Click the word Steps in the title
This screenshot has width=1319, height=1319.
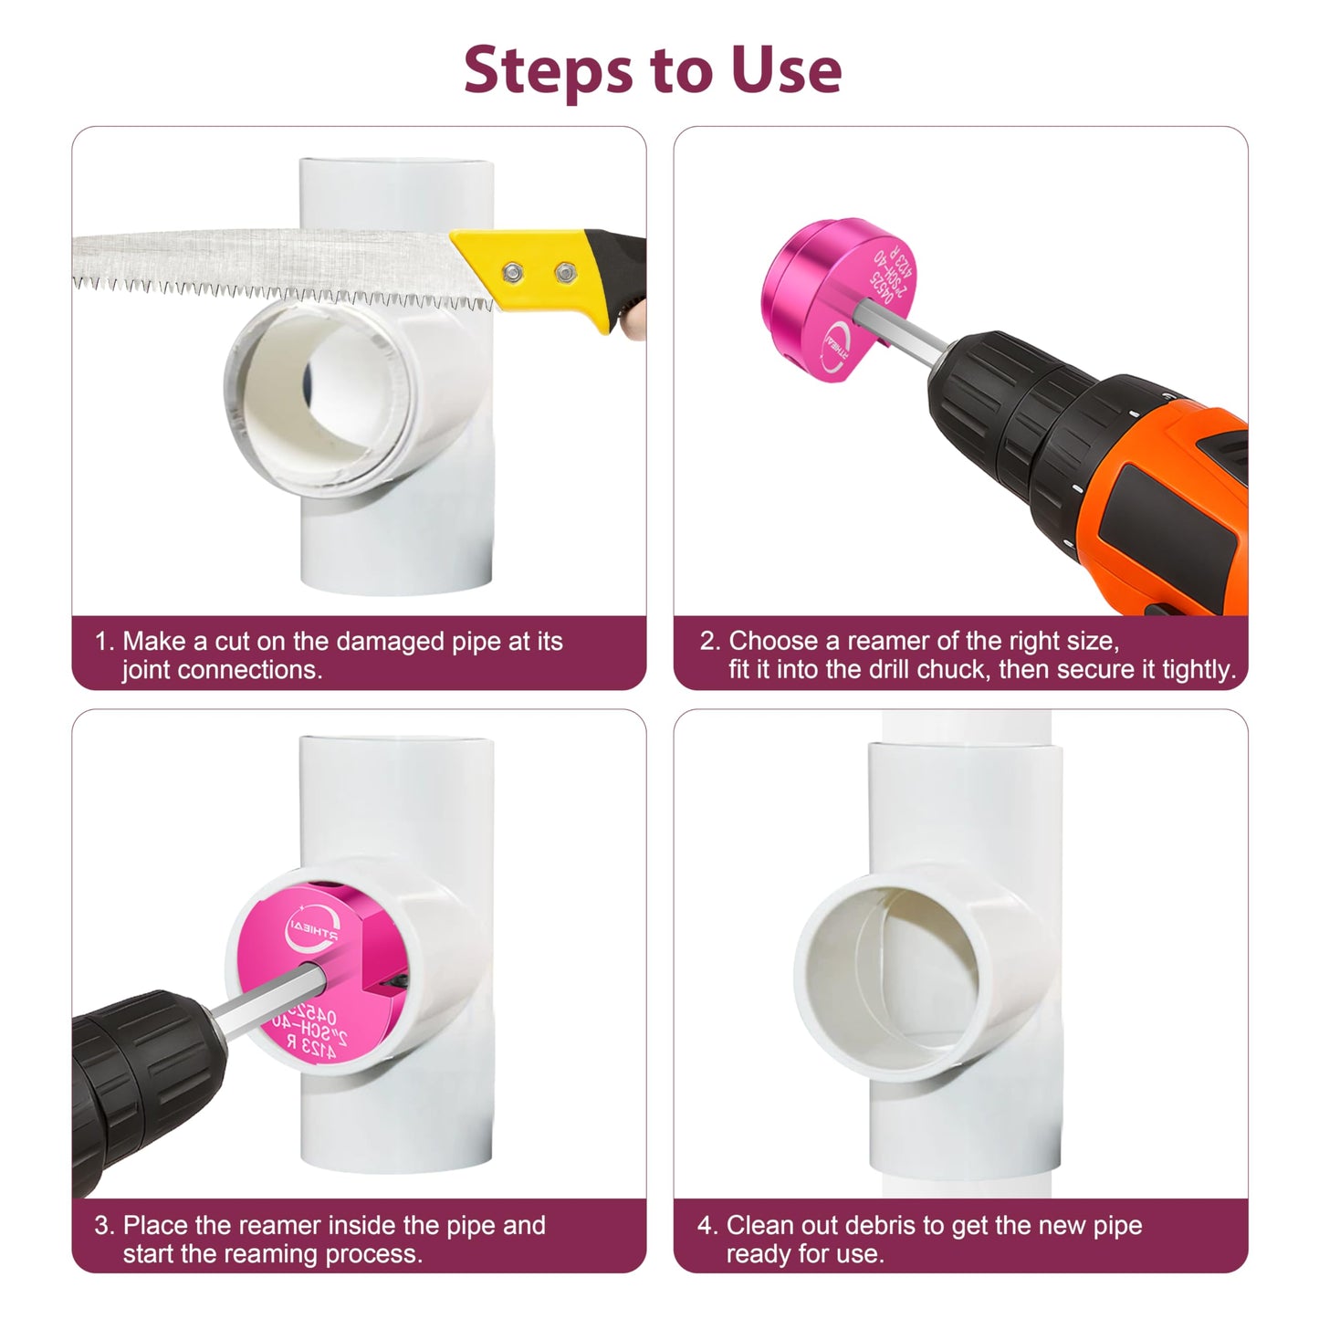point(544,69)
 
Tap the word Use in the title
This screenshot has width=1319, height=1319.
point(785,69)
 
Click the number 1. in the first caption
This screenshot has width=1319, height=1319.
point(104,642)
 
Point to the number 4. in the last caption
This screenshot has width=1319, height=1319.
point(708,1225)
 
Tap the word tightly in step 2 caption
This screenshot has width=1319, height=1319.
point(1199,670)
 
